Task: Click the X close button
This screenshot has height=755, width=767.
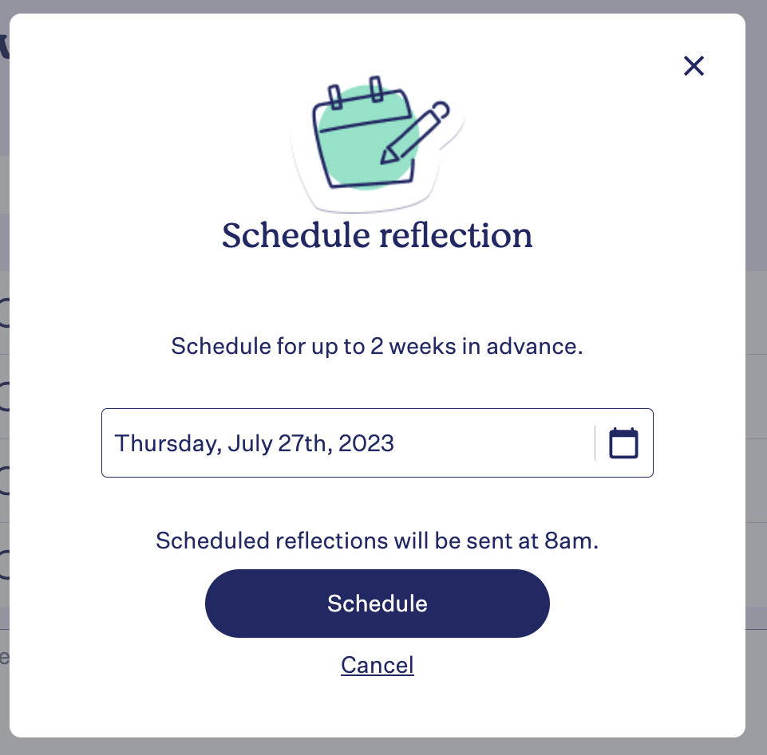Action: tap(694, 66)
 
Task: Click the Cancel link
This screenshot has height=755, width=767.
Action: tap(378, 665)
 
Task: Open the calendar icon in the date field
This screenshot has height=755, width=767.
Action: tap(623, 443)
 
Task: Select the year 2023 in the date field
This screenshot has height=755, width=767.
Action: tap(366, 443)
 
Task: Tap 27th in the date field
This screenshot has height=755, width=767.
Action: tap(305, 443)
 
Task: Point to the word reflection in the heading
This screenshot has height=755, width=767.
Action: tap(456, 235)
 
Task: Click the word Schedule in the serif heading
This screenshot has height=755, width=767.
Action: tap(296, 235)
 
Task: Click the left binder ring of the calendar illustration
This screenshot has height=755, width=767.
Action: tap(335, 96)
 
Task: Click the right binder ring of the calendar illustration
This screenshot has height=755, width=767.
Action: tap(376, 89)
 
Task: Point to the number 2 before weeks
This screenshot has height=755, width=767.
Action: tap(377, 346)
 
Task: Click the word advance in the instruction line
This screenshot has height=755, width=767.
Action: tap(534, 346)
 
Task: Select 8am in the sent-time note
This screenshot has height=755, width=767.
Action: tap(571, 541)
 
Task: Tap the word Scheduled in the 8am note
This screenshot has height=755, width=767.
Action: tap(213, 541)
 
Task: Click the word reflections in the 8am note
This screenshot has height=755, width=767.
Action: tap(332, 541)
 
